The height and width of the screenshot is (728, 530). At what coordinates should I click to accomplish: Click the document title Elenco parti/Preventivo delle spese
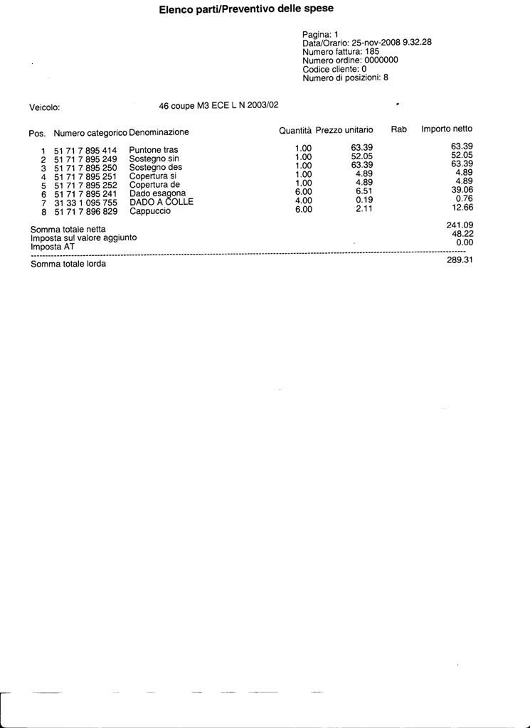click(x=246, y=9)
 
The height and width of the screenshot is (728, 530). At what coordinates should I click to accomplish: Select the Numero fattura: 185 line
click(x=341, y=52)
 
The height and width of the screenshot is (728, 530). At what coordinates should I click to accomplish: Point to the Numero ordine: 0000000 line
click(x=350, y=60)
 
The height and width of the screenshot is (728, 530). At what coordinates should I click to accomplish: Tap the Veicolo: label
click(x=44, y=108)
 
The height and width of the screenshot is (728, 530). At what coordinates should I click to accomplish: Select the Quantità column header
click(x=295, y=131)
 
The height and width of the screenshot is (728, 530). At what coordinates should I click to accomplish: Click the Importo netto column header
click(x=447, y=129)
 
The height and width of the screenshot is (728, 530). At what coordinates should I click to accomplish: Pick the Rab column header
click(x=398, y=129)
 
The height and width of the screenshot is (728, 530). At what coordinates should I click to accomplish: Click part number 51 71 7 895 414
click(x=85, y=151)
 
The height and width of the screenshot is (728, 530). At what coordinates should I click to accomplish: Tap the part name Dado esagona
click(x=157, y=193)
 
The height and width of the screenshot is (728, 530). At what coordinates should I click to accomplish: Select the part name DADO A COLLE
click(x=161, y=202)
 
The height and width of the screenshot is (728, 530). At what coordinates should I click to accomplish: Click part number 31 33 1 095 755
click(x=85, y=203)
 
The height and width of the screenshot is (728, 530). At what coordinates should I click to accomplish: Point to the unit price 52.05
click(x=362, y=156)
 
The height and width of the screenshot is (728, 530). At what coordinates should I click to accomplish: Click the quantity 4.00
click(x=303, y=200)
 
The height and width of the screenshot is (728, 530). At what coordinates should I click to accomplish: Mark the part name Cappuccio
click(x=149, y=211)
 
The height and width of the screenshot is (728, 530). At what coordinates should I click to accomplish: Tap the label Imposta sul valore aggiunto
click(x=83, y=238)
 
